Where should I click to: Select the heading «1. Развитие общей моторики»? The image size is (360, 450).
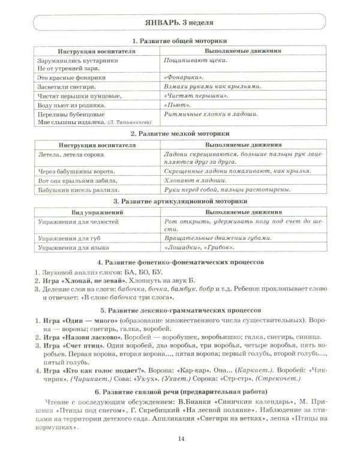point(179,41)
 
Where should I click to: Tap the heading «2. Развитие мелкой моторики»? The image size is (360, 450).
point(179,134)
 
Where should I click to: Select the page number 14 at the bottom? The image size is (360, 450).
point(180,440)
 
